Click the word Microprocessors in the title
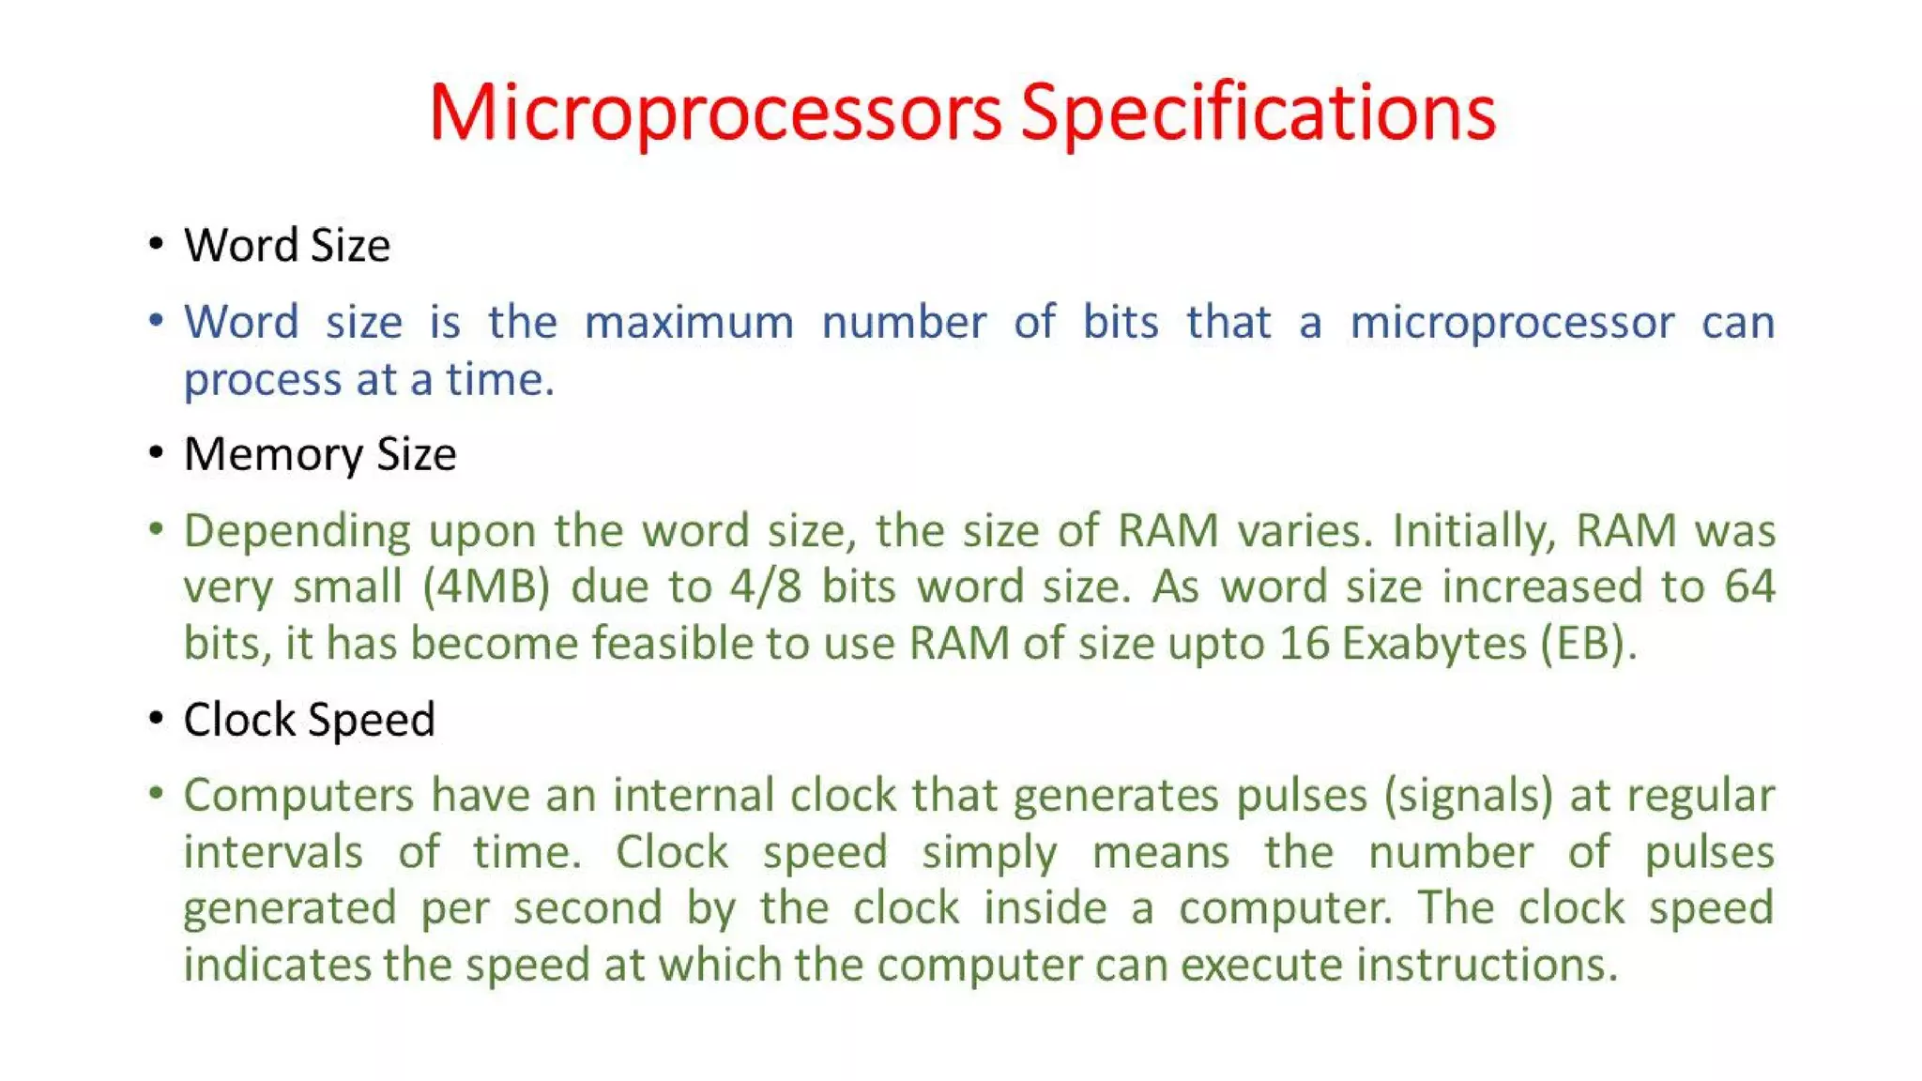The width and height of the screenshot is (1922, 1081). pos(715,113)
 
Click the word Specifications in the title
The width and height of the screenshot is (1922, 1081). pos(1258,113)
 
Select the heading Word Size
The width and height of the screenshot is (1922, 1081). pos(286,246)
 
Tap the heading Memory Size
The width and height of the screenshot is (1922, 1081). pos(320,455)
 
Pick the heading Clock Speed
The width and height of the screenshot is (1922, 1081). pos(309,721)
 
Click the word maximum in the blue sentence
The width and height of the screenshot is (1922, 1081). pos(689,323)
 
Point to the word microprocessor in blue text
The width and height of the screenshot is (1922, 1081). pos(1512,323)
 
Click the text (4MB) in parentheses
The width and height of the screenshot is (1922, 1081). pos(485,587)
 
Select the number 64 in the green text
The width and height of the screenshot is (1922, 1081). pos(1749,587)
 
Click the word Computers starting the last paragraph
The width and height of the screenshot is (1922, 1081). pos(298,797)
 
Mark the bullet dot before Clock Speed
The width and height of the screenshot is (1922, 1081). pos(156,720)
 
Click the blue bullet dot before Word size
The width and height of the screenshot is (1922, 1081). pos(156,322)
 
